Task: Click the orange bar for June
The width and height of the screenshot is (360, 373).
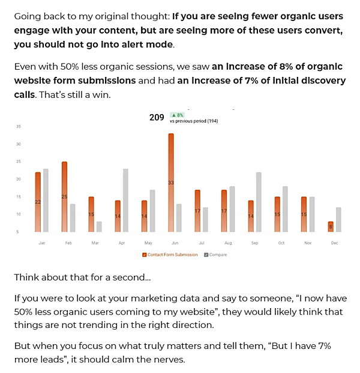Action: tap(171, 183)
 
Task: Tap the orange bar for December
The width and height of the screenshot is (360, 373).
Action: tap(330, 226)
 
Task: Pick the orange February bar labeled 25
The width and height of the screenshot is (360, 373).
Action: tap(64, 196)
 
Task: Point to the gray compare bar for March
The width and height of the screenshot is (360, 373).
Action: tap(99, 226)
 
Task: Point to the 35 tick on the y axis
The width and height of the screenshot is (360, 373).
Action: tap(19, 127)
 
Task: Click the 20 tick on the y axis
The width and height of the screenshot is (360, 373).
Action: tap(19, 179)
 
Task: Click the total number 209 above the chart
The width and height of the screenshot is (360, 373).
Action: tap(157, 118)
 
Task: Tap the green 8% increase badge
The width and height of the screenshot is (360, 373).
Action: tap(177, 114)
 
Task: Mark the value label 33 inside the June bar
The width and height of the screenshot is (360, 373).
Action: tap(171, 182)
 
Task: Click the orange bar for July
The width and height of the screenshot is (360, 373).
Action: tap(197, 211)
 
